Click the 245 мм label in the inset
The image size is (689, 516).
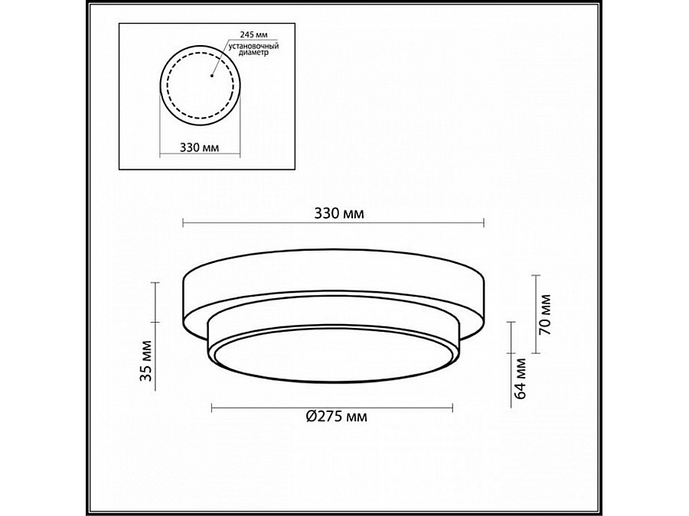(254, 34)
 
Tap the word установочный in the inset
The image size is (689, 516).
(254, 46)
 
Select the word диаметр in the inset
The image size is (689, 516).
(253, 53)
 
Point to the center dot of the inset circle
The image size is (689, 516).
(211, 76)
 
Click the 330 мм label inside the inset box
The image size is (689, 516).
(200, 147)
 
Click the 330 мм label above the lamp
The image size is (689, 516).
(339, 213)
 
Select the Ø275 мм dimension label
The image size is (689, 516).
(337, 416)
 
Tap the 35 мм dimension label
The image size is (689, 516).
(146, 361)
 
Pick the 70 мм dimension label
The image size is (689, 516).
(545, 315)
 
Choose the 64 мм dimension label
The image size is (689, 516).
(521, 378)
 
